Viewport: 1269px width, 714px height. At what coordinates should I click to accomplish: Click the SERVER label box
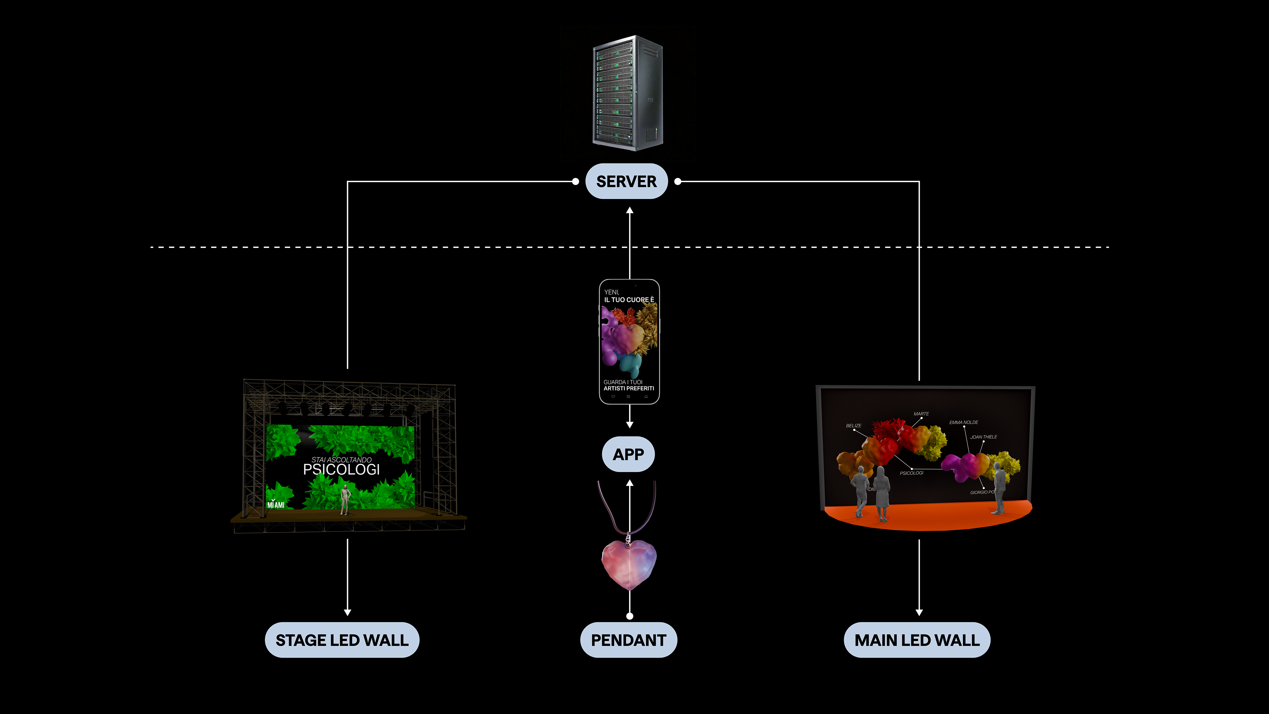(x=626, y=181)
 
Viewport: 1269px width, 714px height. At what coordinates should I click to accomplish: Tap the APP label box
(x=628, y=454)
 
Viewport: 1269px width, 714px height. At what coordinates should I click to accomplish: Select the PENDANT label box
(x=628, y=640)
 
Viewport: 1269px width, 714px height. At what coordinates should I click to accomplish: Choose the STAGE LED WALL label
(x=342, y=640)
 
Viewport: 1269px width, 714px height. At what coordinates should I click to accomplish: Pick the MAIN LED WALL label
(x=917, y=640)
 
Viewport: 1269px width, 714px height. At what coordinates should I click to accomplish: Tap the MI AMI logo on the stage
(x=276, y=504)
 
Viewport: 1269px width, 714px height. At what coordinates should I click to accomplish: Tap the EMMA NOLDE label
(x=964, y=422)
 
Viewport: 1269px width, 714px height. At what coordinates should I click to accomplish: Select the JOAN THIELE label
(x=983, y=437)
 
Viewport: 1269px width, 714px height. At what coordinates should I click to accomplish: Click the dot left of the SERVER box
(x=575, y=181)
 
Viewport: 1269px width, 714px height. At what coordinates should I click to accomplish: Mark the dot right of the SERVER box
(x=678, y=181)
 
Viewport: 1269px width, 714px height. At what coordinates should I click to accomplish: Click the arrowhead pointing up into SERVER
(x=630, y=211)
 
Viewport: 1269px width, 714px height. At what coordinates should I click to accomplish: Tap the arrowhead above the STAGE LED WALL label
(x=348, y=613)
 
